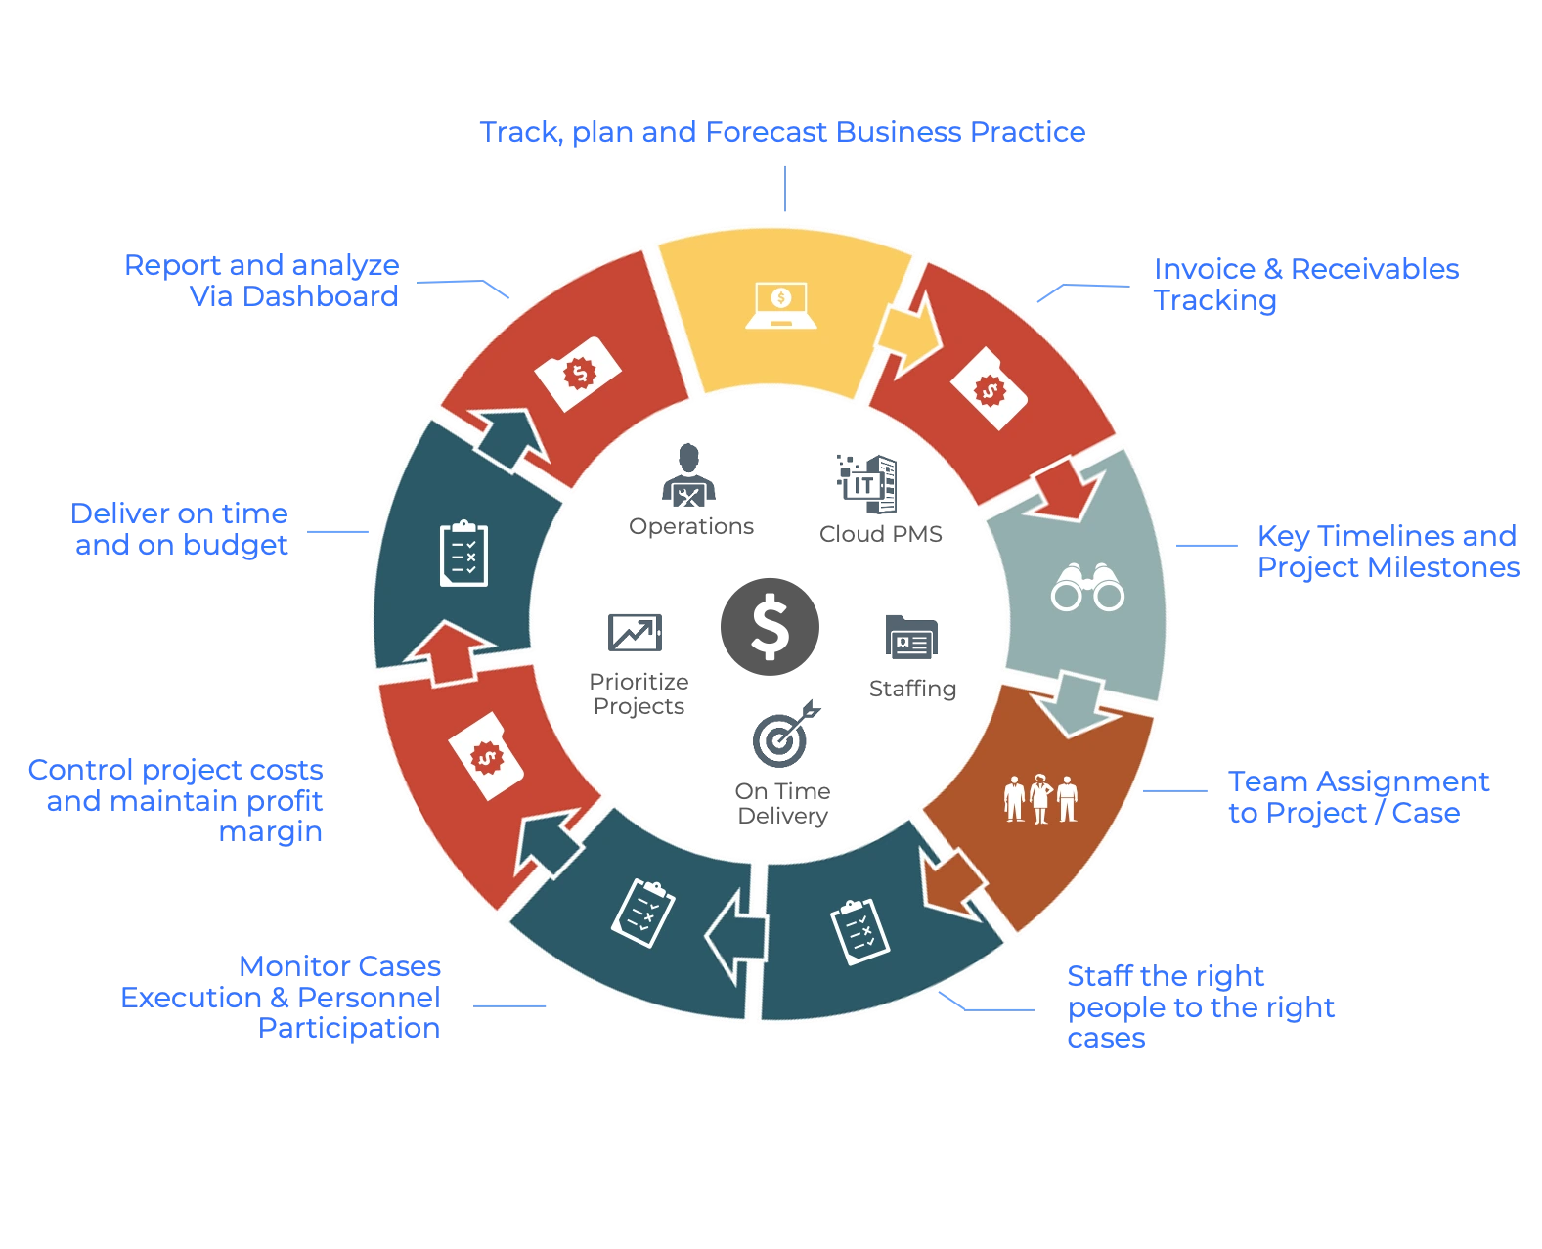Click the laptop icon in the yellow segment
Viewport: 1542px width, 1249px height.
780,305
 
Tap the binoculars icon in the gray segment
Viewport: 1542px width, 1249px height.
1087,587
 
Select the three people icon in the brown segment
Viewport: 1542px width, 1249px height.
1040,798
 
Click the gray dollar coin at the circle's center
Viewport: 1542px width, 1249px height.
770,627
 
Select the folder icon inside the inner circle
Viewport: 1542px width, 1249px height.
910,637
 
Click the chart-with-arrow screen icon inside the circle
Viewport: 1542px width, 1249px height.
634,633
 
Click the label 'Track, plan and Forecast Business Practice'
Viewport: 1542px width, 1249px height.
782,133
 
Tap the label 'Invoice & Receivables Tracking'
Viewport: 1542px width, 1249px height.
1304,284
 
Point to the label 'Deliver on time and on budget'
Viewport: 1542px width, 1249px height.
180,528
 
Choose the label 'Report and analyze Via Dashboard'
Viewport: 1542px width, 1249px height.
262,281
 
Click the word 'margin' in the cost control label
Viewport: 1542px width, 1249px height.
272,832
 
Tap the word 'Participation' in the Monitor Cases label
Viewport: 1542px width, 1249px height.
349,1028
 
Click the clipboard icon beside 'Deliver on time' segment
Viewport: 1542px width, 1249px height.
463,554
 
